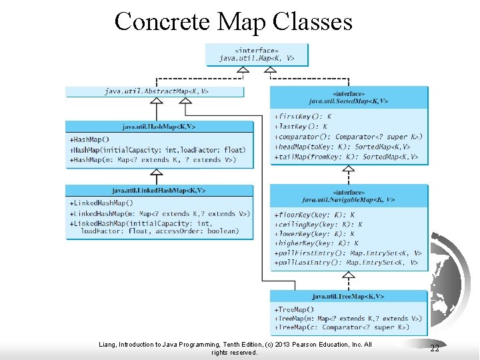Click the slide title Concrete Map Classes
[233, 21]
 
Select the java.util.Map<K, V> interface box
[257, 55]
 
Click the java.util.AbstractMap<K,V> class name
[156, 91]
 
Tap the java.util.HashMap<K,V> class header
[159, 126]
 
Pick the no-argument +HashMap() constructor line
[90, 139]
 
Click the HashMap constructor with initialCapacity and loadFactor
[157, 150]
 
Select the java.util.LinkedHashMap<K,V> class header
[159, 191]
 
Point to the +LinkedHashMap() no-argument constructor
[101, 203]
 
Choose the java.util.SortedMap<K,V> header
[348, 101]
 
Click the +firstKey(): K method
[303, 116]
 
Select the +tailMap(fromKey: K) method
[346, 157]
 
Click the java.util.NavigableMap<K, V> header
[348, 199]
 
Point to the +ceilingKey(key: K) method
[318, 225]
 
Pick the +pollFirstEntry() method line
[347, 253]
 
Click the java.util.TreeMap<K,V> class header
[348, 296]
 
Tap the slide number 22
[435, 349]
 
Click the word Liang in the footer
[107, 345]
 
